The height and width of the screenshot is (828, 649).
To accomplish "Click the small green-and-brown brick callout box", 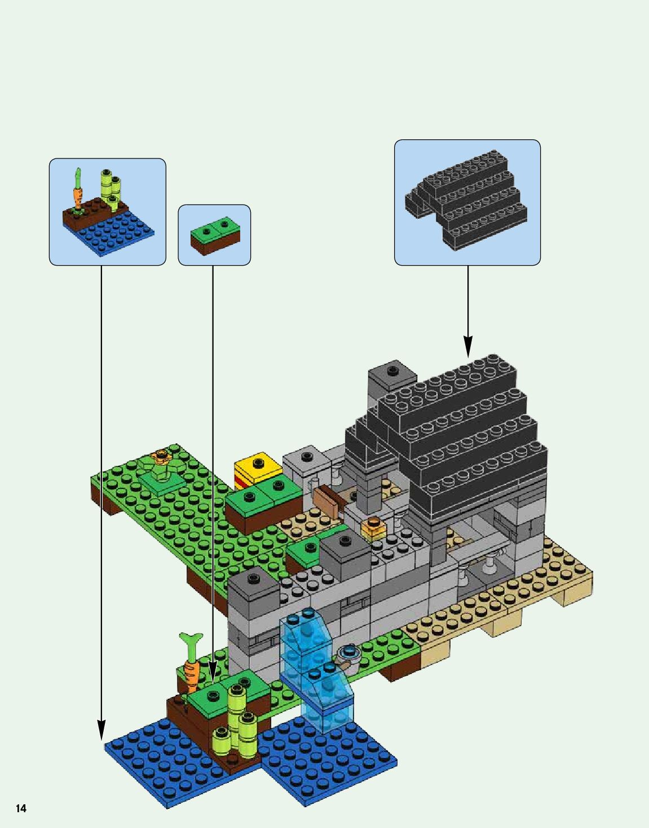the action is (x=214, y=235).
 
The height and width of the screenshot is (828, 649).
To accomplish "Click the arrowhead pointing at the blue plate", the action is (x=101, y=730).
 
